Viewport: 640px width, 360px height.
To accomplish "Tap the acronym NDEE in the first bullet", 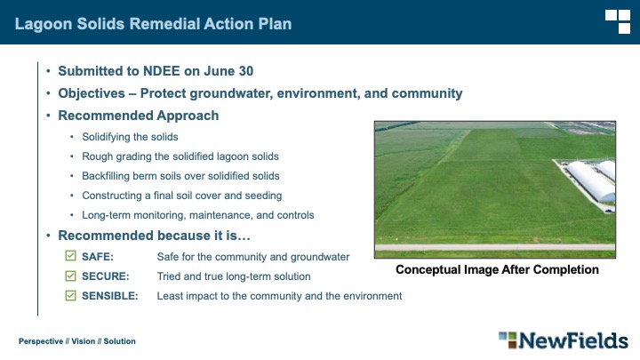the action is pos(161,71).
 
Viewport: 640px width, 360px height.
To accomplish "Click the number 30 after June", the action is pos(246,71).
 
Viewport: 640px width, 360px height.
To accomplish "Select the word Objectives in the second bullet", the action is pos(92,93).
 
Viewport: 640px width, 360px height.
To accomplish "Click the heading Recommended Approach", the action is pos(139,116).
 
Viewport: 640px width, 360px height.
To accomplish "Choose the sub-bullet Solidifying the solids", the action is pos(130,137).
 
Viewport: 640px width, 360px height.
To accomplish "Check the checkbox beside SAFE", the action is pos(70,256).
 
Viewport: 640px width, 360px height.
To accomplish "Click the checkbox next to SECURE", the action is pos(70,276).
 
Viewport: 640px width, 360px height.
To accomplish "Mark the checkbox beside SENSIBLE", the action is pos(70,295).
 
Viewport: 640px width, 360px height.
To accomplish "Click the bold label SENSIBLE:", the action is pos(110,296).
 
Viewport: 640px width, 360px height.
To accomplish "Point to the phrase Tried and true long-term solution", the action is pos(234,276).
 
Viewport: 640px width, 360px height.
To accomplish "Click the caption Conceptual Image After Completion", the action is pos(497,270).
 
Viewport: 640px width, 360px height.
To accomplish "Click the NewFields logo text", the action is pos(573,340).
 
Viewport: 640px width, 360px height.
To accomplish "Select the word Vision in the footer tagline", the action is pos(84,341).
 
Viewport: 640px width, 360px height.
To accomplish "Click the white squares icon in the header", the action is pos(618,21).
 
